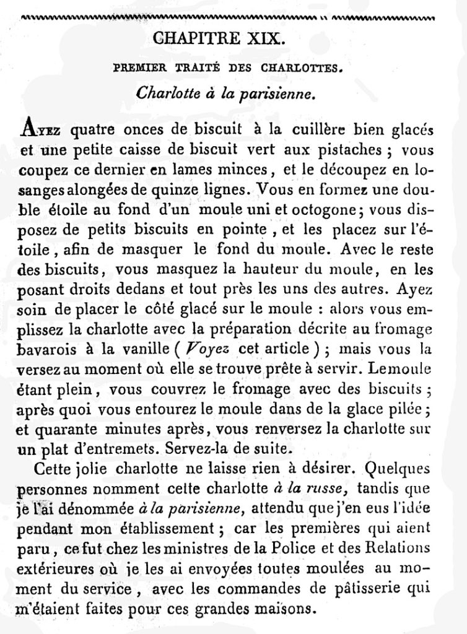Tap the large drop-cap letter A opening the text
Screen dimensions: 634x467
click(29, 129)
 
